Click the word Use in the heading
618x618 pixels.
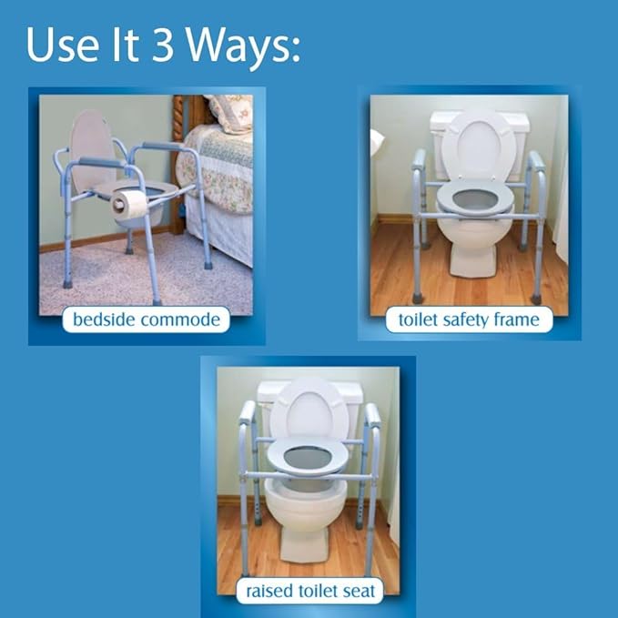pyautogui.click(x=59, y=46)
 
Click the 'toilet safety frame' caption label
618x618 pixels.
pyautogui.click(x=469, y=319)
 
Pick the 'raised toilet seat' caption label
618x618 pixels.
pyautogui.click(x=310, y=591)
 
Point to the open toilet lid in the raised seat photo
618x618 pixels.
pyautogui.click(x=309, y=410)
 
